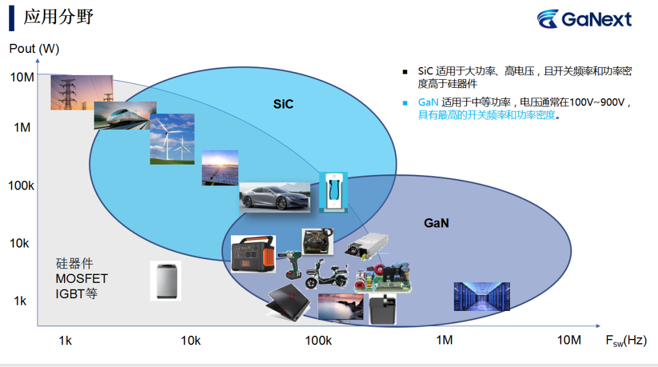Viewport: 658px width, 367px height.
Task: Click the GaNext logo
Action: click(x=584, y=19)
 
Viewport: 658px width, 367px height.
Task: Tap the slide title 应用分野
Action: click(x=58, y=17)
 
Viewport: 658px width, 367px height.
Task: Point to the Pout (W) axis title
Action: click(x=34, y=49)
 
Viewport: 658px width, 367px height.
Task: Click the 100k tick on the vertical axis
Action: click(x=21, y=185)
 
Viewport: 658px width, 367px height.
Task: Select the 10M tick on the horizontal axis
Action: click(x=569, y=340)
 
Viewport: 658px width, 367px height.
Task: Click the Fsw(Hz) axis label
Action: click(x=626, y=341)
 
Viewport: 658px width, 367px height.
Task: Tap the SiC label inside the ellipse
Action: click(x=283, y=104)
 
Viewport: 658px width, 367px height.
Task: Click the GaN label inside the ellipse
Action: click(x=436, y=223)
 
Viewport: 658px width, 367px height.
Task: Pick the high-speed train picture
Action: click(x=125, y=115)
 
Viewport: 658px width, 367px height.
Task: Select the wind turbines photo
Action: click(x=172, y=139)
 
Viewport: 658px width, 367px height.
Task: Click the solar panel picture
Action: click(x=220, y=168)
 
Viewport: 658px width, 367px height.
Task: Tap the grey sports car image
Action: click(x=274, y=197)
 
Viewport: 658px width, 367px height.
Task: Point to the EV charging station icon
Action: click(x=333, y=192)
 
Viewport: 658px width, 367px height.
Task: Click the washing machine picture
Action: click(x=166, y=280)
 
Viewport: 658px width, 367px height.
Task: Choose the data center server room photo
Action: click(x=482, y=296)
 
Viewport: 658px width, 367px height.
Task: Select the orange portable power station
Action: click(x=253, y=254)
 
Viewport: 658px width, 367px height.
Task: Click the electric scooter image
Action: click(x=327, y=274)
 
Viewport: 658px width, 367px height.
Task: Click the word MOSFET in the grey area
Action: click(x=82, y=279)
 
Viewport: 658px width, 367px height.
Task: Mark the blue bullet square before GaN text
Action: click(x=405, y=103)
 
